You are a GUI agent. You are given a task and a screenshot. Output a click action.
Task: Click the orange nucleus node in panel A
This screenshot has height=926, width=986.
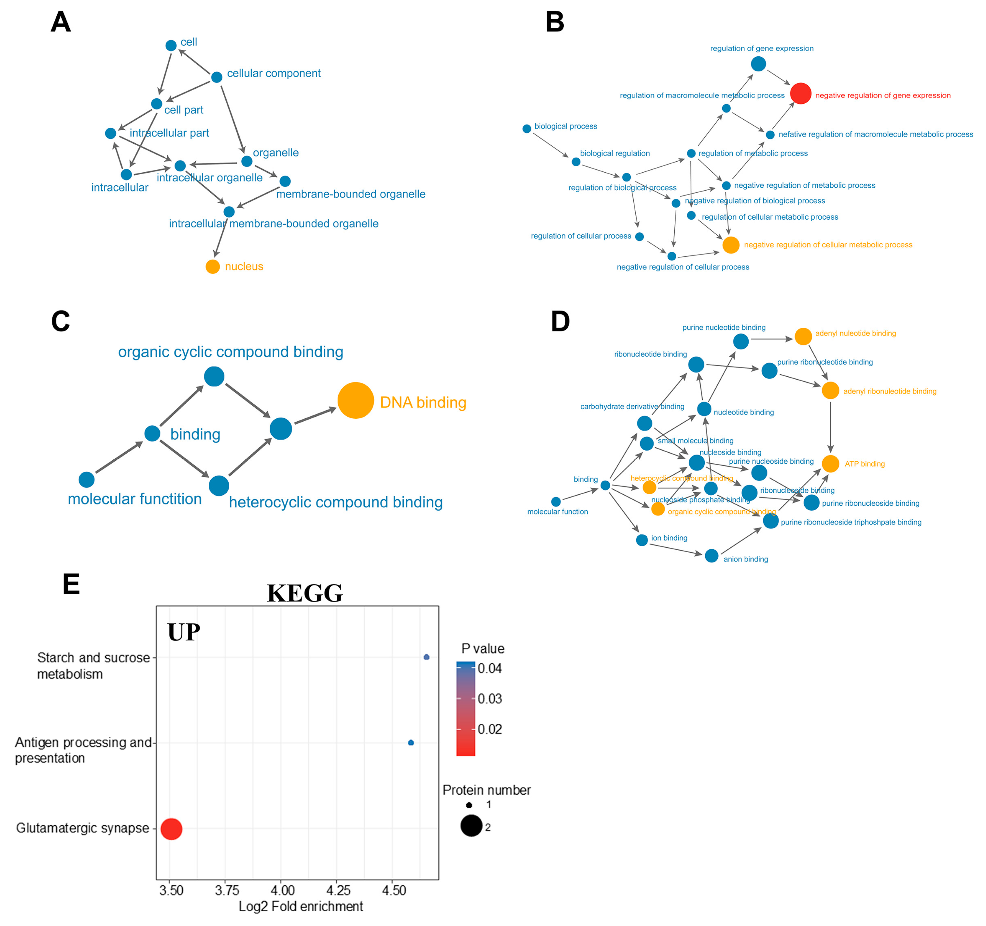tap(212, 267)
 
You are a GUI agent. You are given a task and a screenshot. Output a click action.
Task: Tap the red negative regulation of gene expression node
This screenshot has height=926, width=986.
tap(800, 93)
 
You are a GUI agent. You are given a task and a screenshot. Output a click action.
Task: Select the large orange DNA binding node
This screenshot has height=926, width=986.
tap(356, 400)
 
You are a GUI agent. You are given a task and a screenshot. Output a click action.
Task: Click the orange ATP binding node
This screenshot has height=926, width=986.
tap(830, 464)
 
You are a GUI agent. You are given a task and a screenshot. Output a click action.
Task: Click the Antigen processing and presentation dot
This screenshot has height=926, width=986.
tap(411, 742)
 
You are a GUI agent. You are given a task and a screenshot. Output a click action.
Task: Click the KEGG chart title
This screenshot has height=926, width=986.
tap(304, 593)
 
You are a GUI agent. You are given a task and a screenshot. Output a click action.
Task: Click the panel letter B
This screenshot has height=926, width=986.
tap(555, 22)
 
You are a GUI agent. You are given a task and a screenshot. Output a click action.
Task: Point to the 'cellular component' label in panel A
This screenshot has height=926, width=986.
tap(274, 73)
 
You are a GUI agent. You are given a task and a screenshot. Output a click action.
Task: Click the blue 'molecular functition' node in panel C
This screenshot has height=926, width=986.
tap(86, 479)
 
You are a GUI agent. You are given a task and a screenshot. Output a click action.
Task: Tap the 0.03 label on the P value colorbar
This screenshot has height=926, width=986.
tap(489, 699)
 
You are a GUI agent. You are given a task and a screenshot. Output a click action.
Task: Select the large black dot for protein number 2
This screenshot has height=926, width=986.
tap(471, 825)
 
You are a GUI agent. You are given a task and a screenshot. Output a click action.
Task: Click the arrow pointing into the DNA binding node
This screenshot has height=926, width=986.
tap(316, 416)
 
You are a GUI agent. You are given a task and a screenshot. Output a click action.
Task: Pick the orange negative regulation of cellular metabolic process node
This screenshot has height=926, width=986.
tap(731, 245)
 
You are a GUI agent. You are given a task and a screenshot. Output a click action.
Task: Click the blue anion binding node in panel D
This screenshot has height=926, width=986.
tap(711, 556)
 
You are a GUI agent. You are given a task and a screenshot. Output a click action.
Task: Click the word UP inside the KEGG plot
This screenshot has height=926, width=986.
tap(184, 632)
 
